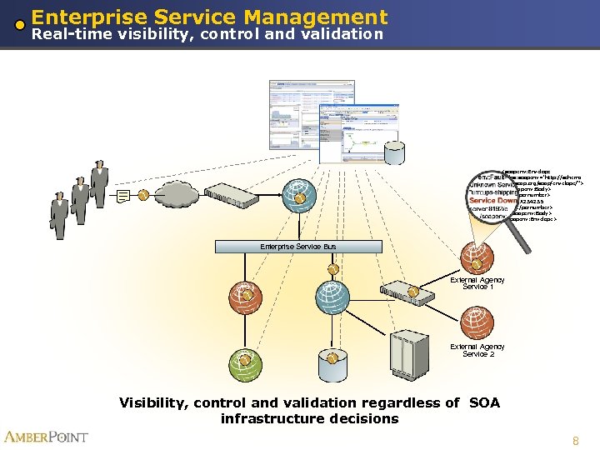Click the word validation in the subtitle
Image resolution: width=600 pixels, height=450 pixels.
337,35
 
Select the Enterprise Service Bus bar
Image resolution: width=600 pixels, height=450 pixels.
297,247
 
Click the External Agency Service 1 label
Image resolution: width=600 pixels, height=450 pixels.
477,283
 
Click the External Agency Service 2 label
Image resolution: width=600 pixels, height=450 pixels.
477,350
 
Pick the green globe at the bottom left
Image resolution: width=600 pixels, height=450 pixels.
245,360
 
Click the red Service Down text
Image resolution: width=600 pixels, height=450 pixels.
492,201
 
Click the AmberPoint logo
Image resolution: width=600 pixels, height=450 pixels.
46,437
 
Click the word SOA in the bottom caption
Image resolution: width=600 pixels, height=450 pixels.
484,403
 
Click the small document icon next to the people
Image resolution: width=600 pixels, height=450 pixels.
123,196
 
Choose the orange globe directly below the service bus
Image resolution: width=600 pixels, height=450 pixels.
245,296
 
